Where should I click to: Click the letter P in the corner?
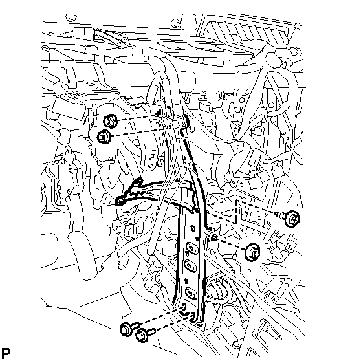click(x=6, y=353)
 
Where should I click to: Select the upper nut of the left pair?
click(x=110, y=121)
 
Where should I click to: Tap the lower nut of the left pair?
click(x=104, y=137)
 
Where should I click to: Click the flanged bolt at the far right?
click(x=290, y=218)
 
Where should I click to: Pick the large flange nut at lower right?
click(x=253, y=253)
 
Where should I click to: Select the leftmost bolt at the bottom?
click(x=128, y=329)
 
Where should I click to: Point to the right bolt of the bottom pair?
click(x=144, y=334)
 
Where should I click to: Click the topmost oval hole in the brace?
click(x=191, y=248)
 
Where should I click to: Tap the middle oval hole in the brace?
click(x=190, y=266)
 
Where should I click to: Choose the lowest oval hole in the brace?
click(x=190, y=293)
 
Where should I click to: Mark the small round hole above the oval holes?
click(x=193, y=228)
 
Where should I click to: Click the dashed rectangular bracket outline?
click(x=236, y=212)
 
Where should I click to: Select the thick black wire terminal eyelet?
click(x=120, y=201)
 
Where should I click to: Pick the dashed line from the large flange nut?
click(x=230, y=244)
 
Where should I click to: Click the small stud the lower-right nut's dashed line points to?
click(x=213, y=237)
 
